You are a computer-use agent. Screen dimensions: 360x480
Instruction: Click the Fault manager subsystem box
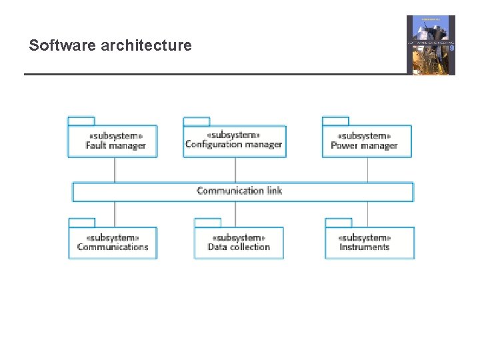[x=112, y=141]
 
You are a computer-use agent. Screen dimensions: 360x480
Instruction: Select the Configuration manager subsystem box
[x=234, y=141]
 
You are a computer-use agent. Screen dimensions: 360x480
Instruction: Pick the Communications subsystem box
[x=113, y=243]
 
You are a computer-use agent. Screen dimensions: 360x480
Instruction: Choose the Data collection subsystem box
[x=239, y=243]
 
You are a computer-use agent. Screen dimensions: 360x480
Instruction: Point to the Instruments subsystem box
[x=369, y=243]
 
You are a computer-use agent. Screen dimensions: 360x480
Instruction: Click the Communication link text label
[x=239, y=191]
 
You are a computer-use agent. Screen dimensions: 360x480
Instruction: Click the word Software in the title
[x=63, y=45]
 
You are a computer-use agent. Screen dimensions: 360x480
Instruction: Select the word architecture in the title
[x=146, y=45]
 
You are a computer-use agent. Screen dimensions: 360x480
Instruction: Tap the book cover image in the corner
[x=431, y=45]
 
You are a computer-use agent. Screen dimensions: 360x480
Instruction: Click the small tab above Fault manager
[x=81, y=121]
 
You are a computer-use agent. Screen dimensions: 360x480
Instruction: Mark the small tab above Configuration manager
[x=196, y=121]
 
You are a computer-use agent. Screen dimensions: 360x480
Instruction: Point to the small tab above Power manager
[x=335, y=121]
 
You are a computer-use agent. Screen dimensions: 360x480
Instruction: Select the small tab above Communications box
[x=82, y=223]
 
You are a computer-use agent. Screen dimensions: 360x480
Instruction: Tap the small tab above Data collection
[x=207, y=223]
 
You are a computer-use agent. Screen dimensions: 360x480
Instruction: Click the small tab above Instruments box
[x=338, y=223]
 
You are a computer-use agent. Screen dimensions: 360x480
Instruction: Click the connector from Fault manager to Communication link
[x=115, y=169]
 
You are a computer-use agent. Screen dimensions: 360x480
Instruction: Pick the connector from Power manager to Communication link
[x=367, y=169]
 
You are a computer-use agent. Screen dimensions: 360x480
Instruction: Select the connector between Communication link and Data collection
[x=235, y=213]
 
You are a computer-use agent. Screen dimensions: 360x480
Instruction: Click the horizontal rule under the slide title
[x=213, y=74]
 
